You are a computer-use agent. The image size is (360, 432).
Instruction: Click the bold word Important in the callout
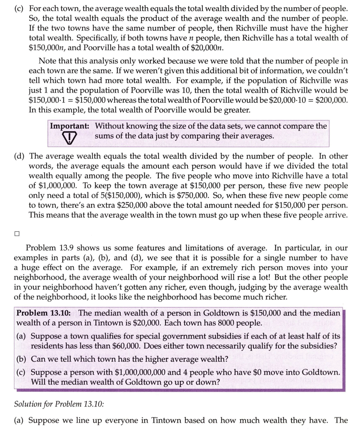point(71,126)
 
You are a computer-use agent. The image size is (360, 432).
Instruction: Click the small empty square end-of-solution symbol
point(16,233)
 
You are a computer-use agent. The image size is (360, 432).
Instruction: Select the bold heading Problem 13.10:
point(45,313)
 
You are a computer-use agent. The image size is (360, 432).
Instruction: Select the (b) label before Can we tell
point(22,359)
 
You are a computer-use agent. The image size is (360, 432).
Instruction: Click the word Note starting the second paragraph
point(47,61)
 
